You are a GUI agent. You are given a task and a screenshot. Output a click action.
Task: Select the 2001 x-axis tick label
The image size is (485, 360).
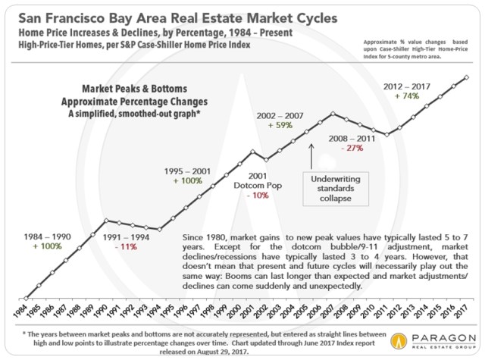[252, 313]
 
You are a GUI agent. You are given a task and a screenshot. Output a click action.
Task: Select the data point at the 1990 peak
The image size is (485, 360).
[106, 221]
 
